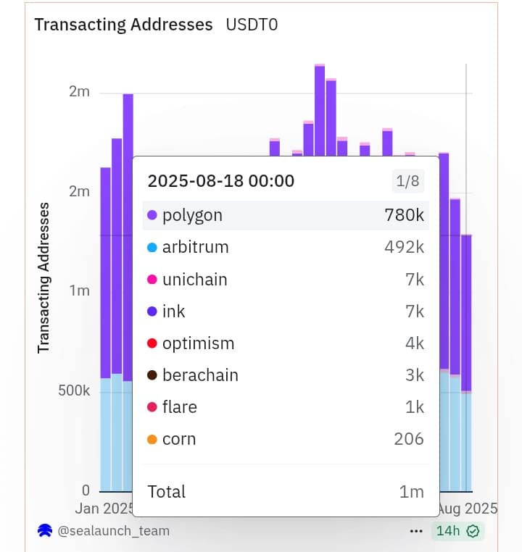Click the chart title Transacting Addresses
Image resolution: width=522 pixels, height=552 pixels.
point(123,25)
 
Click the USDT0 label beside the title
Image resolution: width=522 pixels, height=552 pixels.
point(252,25)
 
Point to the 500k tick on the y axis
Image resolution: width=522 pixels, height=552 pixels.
point(75,390)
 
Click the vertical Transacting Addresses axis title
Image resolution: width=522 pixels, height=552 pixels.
point(43,277)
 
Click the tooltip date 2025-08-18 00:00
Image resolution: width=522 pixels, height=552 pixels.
point(221,181)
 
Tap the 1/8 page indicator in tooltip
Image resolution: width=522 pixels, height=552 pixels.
point(407,181)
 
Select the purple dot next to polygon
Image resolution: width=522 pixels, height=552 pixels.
point(152,215)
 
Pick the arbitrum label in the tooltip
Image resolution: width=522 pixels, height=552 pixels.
point(195,247)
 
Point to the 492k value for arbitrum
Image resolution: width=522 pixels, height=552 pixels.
point(404,247)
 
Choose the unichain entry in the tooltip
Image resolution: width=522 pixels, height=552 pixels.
point(194,280)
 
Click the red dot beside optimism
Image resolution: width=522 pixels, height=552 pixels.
point(152,343)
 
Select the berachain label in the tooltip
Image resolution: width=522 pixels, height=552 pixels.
point(200,375)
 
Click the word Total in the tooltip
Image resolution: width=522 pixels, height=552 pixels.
point(167,492)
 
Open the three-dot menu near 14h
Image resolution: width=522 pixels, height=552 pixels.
point(416,531)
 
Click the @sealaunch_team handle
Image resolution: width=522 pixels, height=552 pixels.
point(113,531)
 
